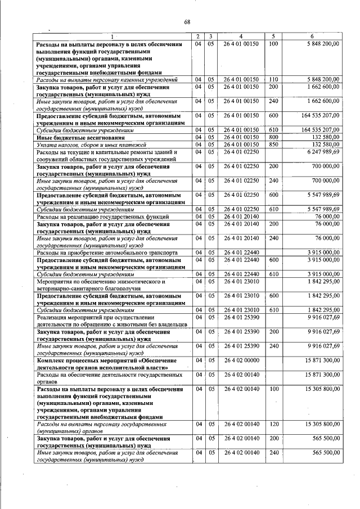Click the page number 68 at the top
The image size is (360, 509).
tap(187, 22)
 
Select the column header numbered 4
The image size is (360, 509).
tap(240, 36)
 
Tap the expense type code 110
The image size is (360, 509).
tap(273, 79)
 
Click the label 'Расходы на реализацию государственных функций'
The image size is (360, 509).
tap(101, 216)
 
